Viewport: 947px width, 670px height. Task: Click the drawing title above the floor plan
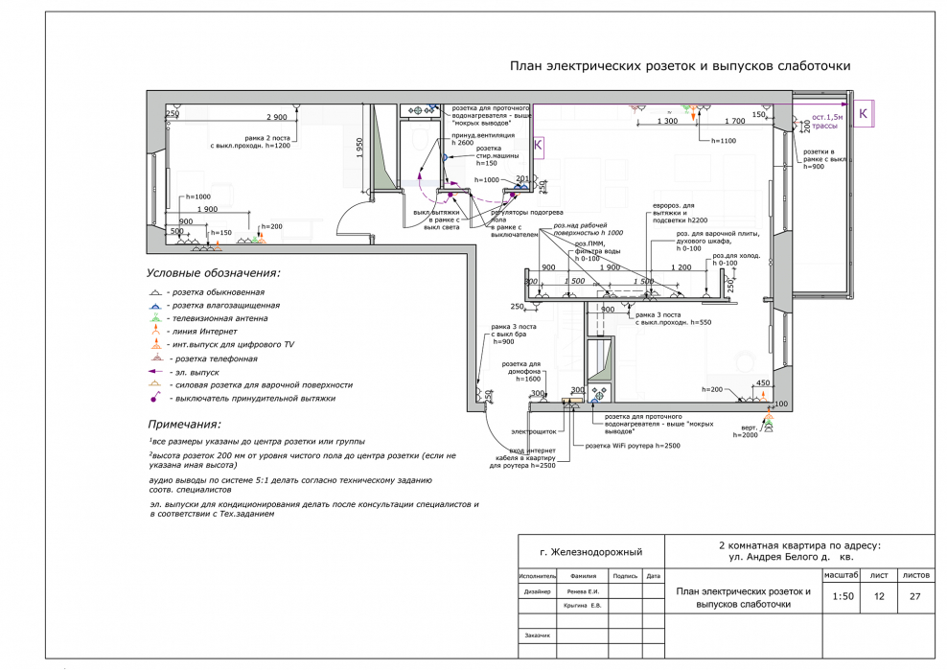point(679,66)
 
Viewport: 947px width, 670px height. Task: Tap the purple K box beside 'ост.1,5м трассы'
point(864,114)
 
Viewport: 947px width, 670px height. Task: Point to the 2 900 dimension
point(276,116)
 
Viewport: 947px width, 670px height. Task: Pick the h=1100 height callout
point(723,140)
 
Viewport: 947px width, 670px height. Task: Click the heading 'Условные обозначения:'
point(212,273)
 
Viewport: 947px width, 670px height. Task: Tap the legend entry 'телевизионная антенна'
point(218,317)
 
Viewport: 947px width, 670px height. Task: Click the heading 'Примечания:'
point(184,424)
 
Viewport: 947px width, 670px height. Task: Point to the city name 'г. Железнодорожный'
point(590,553)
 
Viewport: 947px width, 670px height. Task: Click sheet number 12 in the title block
point(879,596)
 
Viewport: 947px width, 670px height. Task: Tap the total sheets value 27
point(914,596)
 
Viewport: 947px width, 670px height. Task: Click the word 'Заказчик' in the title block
point(537,635)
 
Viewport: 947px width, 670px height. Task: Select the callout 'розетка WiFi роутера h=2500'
point(635,446)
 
